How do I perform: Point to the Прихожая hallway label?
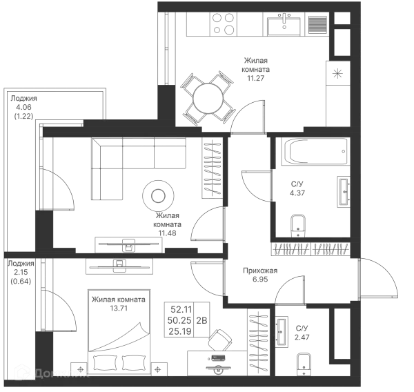point(262,273)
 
